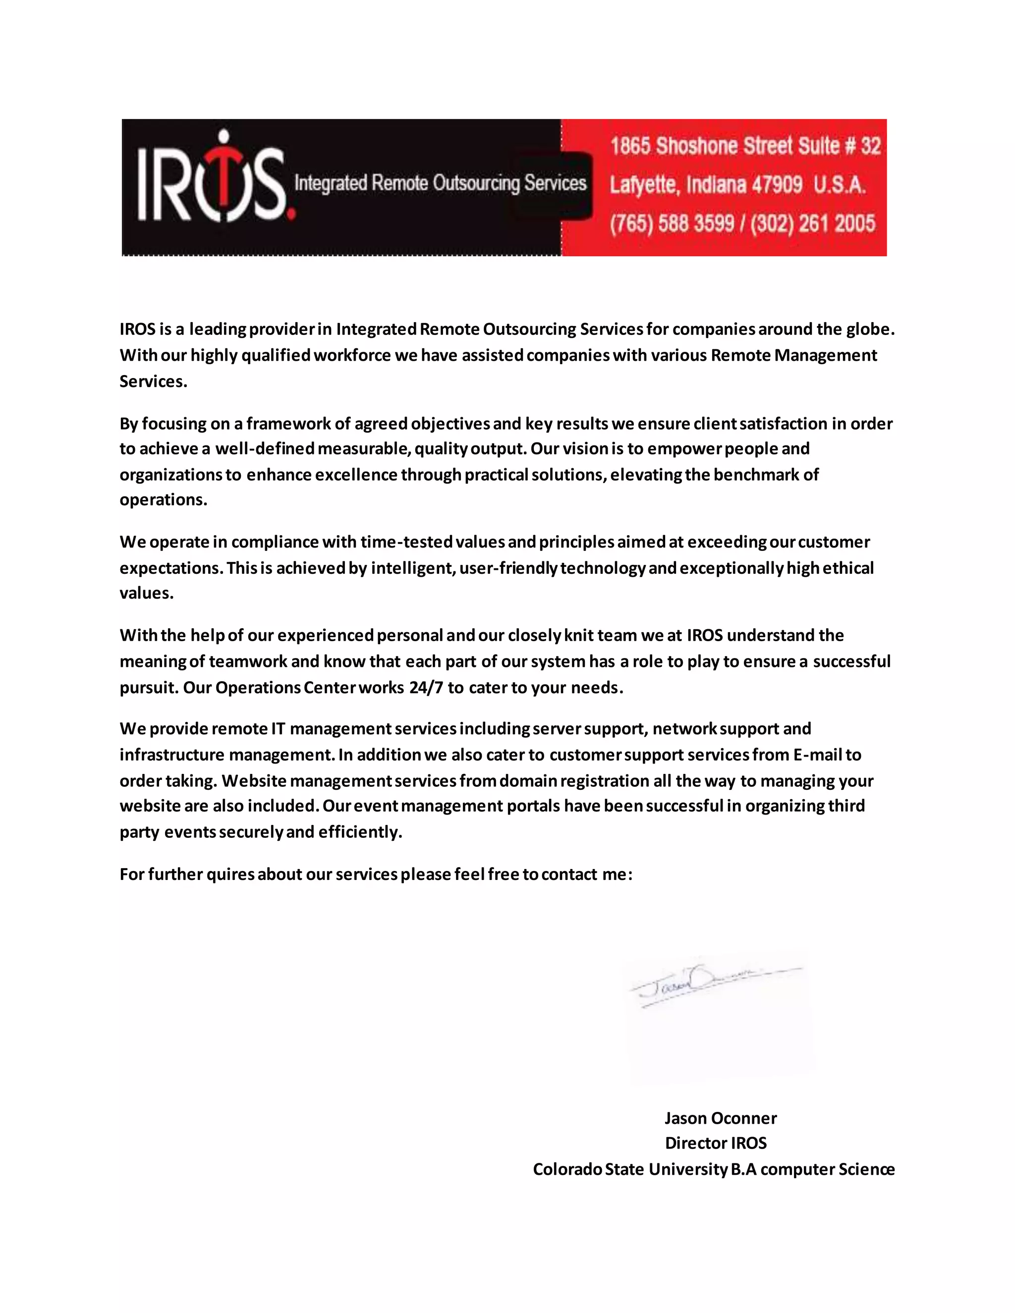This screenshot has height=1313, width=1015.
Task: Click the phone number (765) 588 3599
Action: tap(672, 223)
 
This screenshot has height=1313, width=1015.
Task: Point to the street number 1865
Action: tap(630, 146)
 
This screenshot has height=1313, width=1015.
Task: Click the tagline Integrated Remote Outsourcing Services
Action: tap(440, 183)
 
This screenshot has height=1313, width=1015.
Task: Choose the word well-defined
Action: tap(265, 448)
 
